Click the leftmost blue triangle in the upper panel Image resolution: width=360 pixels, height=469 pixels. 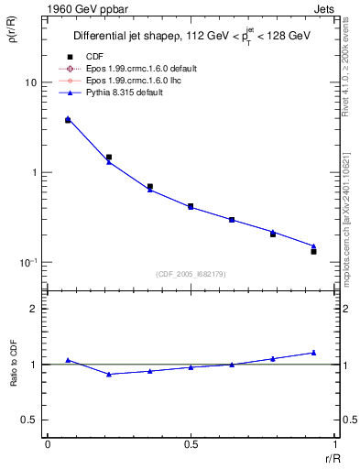[68, 119]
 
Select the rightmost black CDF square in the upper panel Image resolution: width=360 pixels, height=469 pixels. [313, 251]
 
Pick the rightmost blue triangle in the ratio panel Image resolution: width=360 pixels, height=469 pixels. [313, 353]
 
